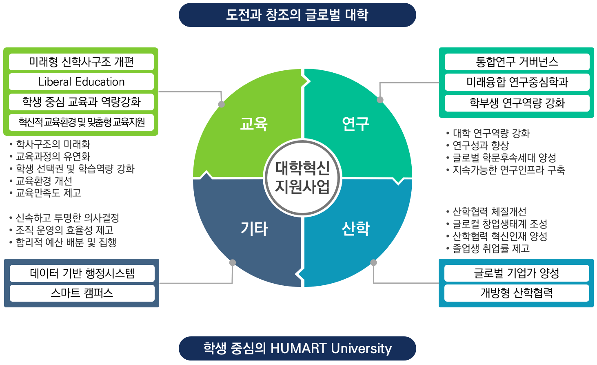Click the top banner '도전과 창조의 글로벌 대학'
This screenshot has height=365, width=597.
point(297,15)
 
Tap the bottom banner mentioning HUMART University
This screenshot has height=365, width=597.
point(297,348)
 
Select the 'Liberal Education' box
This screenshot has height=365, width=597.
point(81,82)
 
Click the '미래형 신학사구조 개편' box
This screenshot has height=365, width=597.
point(81,62)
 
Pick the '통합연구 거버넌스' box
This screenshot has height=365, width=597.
point(517,62)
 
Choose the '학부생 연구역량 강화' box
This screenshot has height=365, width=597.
point(517,103)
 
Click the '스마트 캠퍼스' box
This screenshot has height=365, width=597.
point(82,293)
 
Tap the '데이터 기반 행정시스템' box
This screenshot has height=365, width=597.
point(82,273)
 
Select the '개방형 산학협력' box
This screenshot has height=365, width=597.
point(517,293)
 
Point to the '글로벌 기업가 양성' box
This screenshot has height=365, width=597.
point(517,273)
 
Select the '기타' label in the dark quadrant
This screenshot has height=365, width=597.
point(254,229)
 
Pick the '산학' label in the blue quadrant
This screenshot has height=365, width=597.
point(355,229)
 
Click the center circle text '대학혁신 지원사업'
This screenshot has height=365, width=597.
point(302,177)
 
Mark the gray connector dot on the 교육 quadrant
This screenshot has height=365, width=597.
point(221,104)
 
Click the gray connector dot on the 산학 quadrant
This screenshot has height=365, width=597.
point(374,262)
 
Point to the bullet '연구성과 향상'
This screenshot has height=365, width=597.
point(477,146)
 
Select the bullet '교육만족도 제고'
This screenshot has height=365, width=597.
point(45,193)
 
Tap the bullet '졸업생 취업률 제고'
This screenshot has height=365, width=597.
point(488,249)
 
